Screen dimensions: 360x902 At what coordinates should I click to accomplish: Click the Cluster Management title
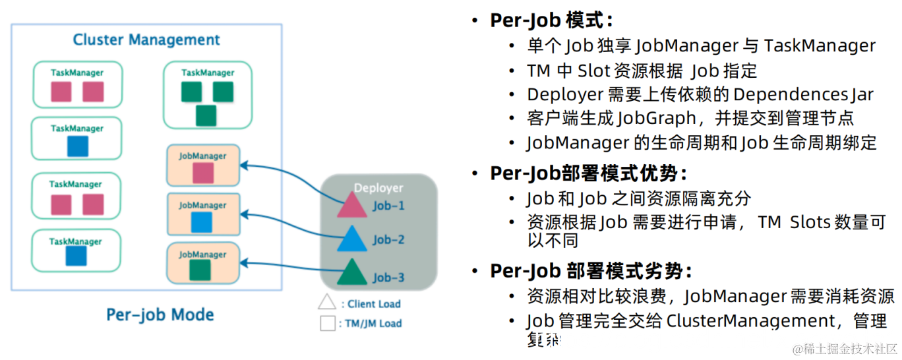146,40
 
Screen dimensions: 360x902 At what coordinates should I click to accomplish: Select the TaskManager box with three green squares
207,95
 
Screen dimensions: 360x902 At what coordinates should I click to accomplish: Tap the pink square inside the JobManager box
202,173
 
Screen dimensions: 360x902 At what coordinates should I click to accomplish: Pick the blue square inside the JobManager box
202,222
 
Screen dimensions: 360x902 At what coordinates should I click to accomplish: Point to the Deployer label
378,188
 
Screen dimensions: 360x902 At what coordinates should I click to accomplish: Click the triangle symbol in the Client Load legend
327,303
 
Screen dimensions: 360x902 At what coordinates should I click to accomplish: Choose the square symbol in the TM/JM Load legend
327,323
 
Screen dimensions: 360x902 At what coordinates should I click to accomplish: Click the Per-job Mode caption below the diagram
160,315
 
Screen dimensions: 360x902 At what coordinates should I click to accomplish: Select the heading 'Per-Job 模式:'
551,20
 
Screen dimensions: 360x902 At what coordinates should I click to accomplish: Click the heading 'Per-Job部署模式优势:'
589,173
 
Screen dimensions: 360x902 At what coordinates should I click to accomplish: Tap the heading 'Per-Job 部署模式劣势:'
591,271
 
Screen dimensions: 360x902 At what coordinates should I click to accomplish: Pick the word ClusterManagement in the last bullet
751,321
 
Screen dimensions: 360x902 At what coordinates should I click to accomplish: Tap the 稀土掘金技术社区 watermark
846,349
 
